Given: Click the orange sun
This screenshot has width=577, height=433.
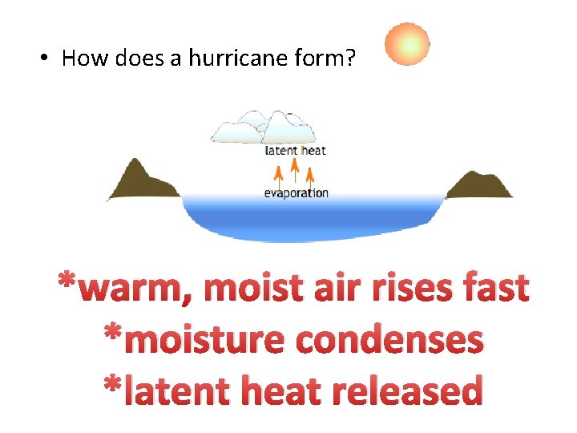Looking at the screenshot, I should pos(407,44).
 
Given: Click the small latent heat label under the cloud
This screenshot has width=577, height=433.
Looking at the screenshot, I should pos(296,150).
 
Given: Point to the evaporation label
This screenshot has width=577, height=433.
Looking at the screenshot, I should pos(297,192).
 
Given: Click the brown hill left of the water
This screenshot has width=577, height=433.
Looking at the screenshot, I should pos(141,181).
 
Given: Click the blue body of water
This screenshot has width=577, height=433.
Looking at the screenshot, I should pos(313,217).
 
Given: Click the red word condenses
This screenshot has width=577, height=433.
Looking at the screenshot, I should pos(389,340).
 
